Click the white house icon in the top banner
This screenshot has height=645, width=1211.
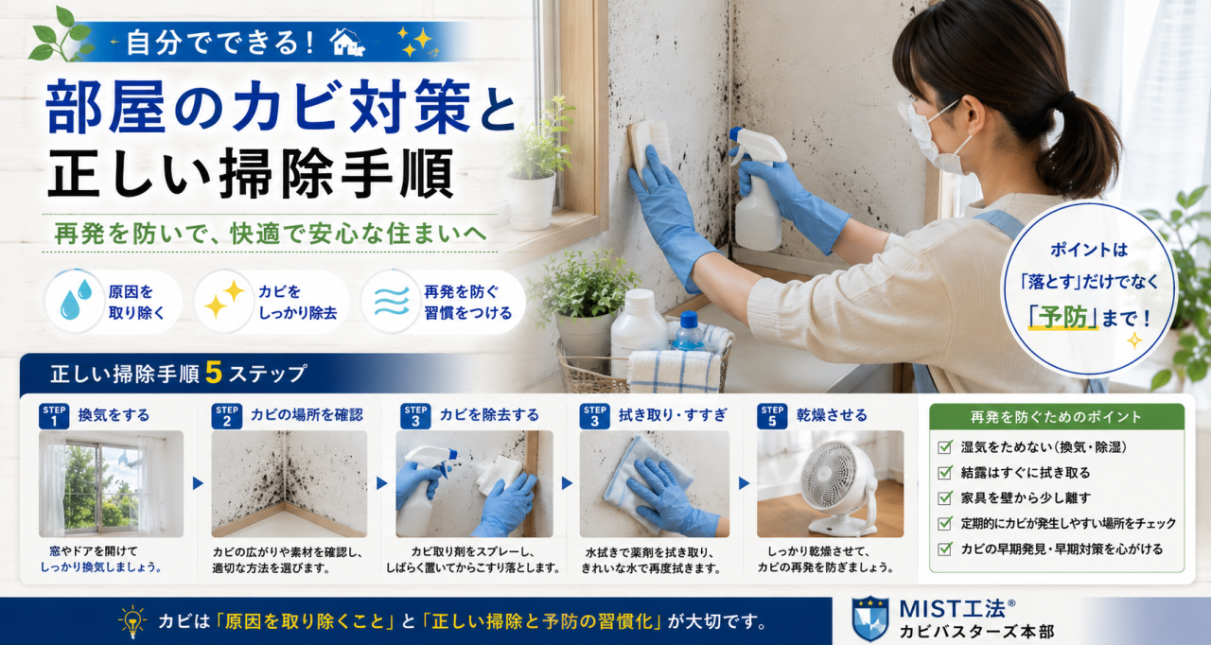tap(347, 42)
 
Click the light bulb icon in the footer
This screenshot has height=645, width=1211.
tap(132, 621)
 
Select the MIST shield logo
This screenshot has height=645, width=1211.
tap(869, 619)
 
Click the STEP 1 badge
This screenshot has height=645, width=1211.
tap(54, 416)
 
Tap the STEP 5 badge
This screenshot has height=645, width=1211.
tap(772, 416)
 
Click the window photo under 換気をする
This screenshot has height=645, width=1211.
tap(112, 483)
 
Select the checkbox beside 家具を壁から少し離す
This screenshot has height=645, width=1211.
tap(945, 497)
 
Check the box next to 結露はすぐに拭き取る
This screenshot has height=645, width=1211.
tap(945, 473)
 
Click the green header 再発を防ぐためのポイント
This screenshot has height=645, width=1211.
tap(1057, 417)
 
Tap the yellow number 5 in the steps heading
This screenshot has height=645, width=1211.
tap(214, 373)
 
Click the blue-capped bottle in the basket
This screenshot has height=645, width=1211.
tap(688, 331)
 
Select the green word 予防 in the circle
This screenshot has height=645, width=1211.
tap(1064, 318)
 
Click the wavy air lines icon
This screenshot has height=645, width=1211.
tap(392, 302)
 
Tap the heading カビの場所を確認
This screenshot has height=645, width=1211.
tap(307, 415)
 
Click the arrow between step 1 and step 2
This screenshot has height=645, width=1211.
tap(198, 483)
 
